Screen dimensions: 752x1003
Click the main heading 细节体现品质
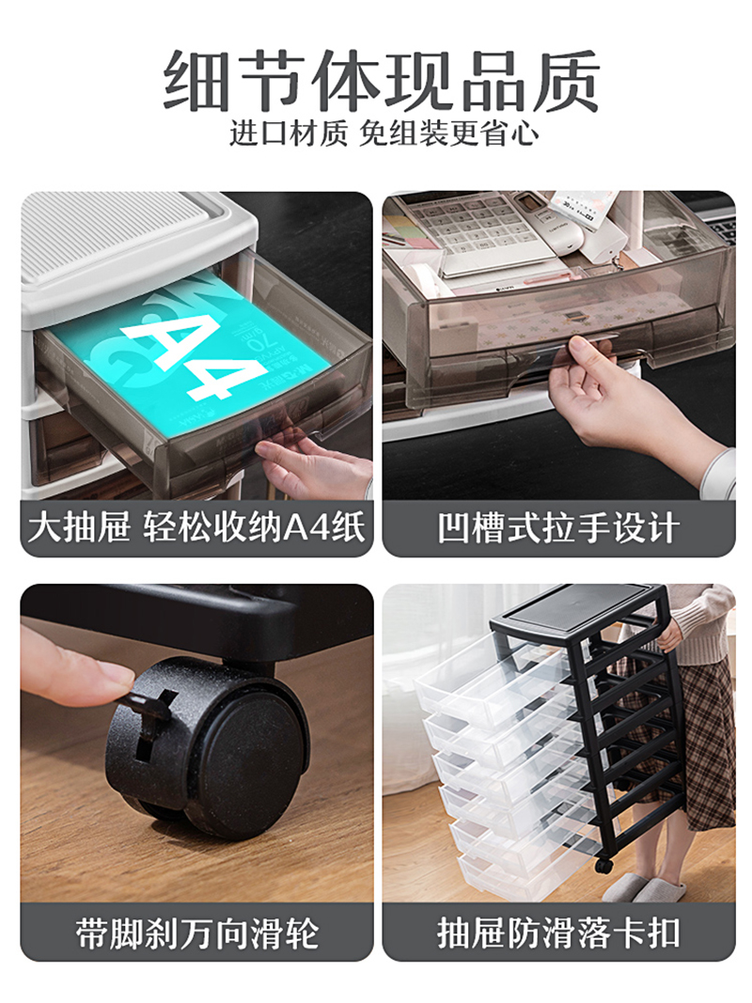(x=382, y=81)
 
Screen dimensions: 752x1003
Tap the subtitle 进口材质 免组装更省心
(x=384, y=133)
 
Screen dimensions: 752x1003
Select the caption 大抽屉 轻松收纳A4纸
(x=196, y=528)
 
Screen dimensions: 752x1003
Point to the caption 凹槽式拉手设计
(x=558, y=528)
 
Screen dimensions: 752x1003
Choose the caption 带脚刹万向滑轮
(x=196, y=934)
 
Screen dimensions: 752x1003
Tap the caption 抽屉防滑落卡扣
(x=558, y=934)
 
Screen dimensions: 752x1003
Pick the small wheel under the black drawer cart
(x=603, y=866)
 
